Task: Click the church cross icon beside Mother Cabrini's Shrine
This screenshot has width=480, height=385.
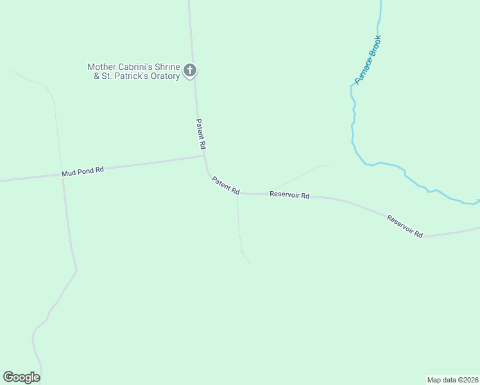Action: [189, 71]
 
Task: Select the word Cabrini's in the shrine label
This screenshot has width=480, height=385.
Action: [137, 67]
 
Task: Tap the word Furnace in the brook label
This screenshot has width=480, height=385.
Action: [363, 71]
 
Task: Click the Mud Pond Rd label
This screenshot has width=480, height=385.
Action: [83, 172]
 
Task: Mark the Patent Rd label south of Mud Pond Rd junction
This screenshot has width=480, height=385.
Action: [226, 186]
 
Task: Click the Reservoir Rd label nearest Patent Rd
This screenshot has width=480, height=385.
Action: [289, 194]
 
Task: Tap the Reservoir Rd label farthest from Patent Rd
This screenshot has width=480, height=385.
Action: [405, 227]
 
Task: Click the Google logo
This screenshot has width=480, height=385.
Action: [22, 377]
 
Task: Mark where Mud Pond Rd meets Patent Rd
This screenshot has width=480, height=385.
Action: [205, 155]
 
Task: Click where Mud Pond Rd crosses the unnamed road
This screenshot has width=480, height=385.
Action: [62, 175]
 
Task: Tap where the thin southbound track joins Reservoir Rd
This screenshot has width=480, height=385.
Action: [237, 193]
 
